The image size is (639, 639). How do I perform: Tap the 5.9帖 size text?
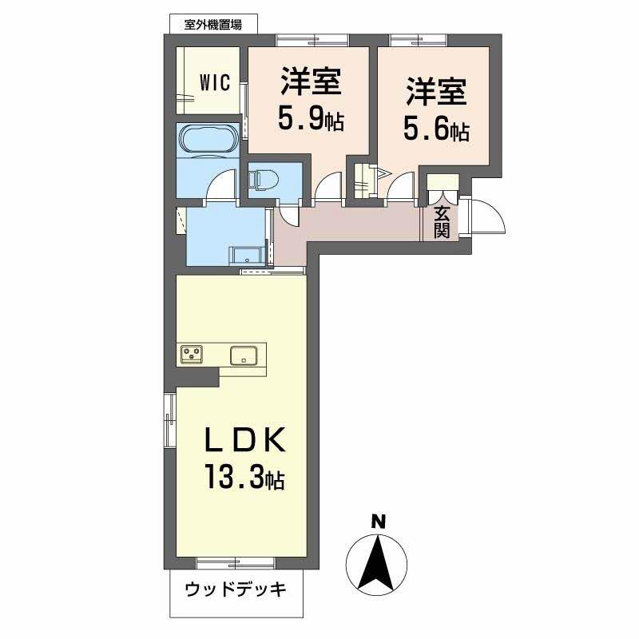310,120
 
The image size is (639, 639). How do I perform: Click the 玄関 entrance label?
442,222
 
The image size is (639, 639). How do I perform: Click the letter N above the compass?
379,522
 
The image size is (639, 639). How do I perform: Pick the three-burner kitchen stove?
192,354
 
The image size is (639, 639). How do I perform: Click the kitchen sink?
243,355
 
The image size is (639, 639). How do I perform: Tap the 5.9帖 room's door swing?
327,190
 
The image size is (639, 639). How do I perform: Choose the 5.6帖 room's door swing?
401,190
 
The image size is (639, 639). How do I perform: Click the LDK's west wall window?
170,421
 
